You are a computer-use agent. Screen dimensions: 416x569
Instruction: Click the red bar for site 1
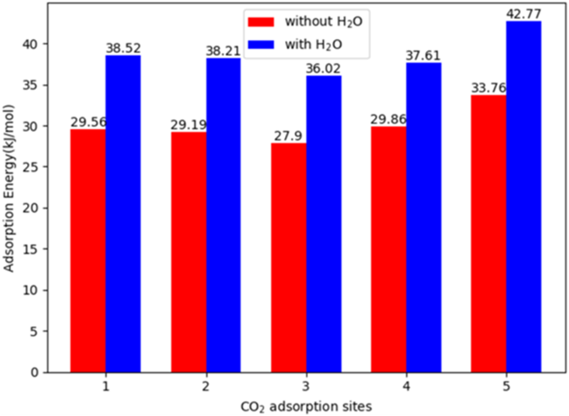88,251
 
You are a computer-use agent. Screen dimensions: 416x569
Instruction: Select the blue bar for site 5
524,196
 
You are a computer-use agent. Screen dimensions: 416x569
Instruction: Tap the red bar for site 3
288,258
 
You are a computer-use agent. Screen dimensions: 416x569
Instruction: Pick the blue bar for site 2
223,215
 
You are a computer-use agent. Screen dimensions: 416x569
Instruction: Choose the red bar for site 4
388,249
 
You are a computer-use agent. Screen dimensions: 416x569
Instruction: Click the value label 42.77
524,14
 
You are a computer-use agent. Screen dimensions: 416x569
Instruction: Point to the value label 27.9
288,136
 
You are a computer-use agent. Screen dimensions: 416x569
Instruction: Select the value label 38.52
123,48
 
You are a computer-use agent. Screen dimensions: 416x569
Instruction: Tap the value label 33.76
489,88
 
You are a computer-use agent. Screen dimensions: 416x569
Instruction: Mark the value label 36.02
323,69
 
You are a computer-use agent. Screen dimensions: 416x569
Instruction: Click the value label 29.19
188,125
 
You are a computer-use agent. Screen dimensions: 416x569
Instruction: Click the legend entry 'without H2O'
324,21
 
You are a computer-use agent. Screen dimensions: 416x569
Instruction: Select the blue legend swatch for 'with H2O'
261,44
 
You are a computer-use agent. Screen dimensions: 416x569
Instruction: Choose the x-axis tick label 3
306,387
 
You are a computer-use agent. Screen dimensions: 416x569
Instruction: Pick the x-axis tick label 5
506,387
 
